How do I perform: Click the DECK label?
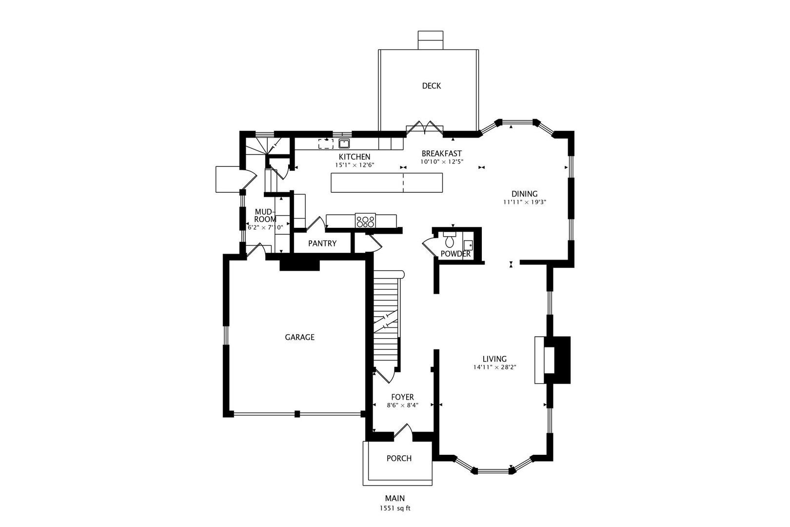pyautogui.click(x=431, y=86)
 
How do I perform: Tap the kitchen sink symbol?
pyautogui.click(x=344, y=143)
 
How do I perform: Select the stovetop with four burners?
pyautogui.click(x=365, y=222)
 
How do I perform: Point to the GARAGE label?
pyautogui.click(x=299, y=338)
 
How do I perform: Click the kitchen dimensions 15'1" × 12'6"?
pyautogui.click(x=355, y=165)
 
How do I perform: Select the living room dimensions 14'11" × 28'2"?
pyautogui.click(x=494, y=367)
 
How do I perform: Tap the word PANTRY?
pyautogui.click(x=322, y=243)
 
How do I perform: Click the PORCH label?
pyautogui.click(x=399, y=459)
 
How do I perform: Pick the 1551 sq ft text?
pyautogui.click(x=395, y=508)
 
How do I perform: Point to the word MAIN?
pyautogui.click(x=395, y=498)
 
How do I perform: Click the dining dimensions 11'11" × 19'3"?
pyautogui.click(x=524, y=202)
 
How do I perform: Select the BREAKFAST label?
pyautogui.click(x=441, y=154)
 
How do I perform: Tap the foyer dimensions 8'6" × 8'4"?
pyautogui.click(x=402, y=405)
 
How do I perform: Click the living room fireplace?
pyautogui.click(x=553, y=360)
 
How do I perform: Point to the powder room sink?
pyautogui.click(x=468, y=244)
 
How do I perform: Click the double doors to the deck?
pyautogui.click(x=425, y=128)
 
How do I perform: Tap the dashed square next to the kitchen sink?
pyautogui.click(x=326, y=143)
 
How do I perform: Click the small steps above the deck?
pyautogui.click(x=430, y=40)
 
